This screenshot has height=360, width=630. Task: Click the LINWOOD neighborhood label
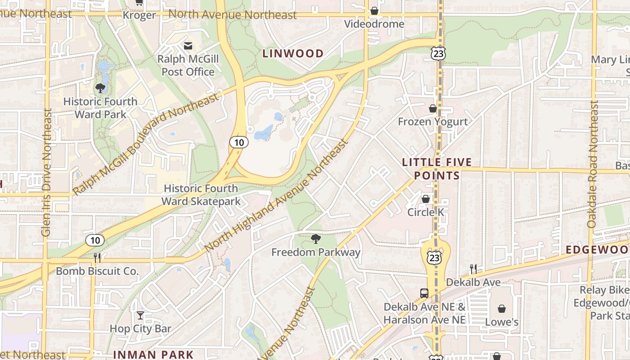(x=293, y=54)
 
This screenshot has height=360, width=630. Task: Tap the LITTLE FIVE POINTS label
(x=436, y=169)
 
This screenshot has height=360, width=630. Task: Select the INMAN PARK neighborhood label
(x=153, y=355)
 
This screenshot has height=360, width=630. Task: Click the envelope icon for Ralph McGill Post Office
(x=188, y=45)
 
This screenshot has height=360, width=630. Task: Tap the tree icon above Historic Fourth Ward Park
(x=100, y=88)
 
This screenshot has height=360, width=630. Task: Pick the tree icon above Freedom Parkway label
(x=316, y=239)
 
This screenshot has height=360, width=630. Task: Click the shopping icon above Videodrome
(x=374, y=11)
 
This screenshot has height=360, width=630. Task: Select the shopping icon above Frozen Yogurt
(x=432, y=108)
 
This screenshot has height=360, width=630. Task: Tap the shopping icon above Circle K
(x=425, y=199)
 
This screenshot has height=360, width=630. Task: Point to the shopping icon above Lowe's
(x=501, y=309)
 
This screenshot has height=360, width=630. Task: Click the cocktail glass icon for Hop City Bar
(x=140, y=315)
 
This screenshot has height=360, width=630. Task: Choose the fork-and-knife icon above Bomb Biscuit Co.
(x=97, y=258)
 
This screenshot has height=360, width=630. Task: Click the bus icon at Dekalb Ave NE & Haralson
(x=424, y=293)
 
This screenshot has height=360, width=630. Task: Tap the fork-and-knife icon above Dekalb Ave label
(x=473, y=269)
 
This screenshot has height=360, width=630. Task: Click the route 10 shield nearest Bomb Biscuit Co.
(x=95, y=240)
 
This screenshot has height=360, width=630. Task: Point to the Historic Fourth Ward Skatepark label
(x=201, y=195)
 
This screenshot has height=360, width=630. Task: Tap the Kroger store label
(x=139, y=15)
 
